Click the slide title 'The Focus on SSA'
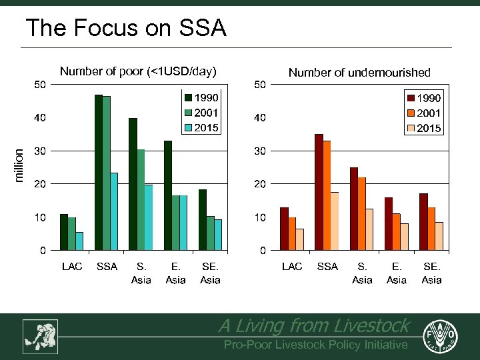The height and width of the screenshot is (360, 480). point(125,28)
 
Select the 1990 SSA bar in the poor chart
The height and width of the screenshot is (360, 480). point(99,173)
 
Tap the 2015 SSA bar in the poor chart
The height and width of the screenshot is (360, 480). point(114,211)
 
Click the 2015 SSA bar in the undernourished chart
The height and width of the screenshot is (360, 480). point(335,221)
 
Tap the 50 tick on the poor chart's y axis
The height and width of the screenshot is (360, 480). point(40,85)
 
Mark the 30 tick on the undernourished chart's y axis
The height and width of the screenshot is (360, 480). point(259,151)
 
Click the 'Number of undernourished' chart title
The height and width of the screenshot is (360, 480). point(359,73)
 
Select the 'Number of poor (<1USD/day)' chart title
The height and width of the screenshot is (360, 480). point(138,71)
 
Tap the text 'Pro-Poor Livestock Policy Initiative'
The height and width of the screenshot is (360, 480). point(315,345)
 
